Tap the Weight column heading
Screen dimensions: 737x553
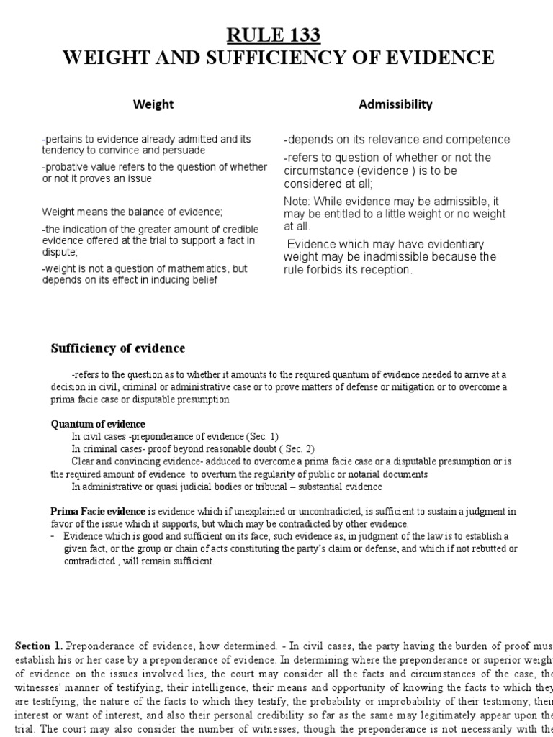click(153, 104)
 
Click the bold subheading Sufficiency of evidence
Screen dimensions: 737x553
click(117, 349)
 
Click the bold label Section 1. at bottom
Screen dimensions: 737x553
click(40, 626)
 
